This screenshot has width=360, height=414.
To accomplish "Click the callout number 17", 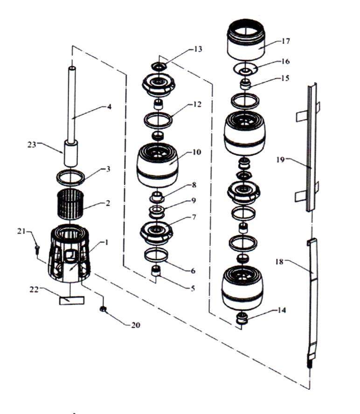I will coord(286,41).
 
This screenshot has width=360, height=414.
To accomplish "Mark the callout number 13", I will coord(198,49).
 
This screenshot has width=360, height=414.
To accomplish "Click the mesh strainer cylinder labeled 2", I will coord(72,204).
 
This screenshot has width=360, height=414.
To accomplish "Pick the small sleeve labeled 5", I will coord(157,271).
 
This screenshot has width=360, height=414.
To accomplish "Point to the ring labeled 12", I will coord(157,120).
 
